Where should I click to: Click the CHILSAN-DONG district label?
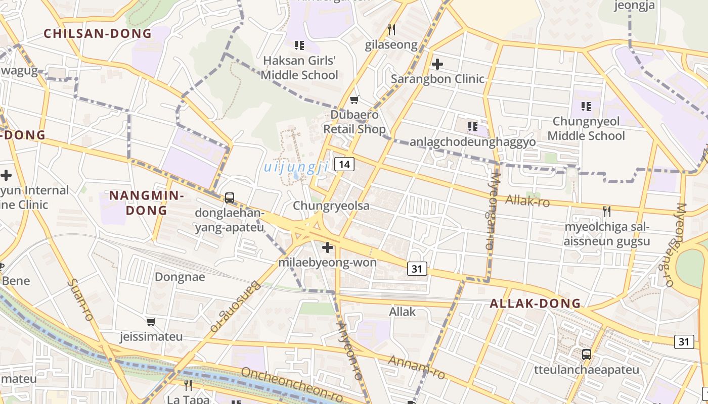click(x=98, y=34)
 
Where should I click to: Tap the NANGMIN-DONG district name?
click(x=146, y=203)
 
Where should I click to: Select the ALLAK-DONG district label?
click(x=535, y=304)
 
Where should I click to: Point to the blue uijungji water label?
click(x=296, y=167)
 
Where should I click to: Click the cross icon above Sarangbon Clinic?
click(x=437, y=64)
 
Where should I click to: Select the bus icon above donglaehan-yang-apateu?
click(x=230, y=197)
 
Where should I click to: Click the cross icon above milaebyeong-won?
click(x=328, y=247)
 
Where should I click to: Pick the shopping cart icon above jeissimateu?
click(x=151, y=322)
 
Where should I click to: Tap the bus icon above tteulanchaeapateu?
click(x=587, y=354)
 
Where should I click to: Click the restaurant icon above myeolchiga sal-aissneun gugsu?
click(x=607, y=211)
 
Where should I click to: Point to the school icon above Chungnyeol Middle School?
click(x=586, y=107)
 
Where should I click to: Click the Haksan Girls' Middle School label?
click(x=300, y=68)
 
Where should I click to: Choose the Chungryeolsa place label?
click(x=331, y=206)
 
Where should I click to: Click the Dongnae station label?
click(x=180, y=277)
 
